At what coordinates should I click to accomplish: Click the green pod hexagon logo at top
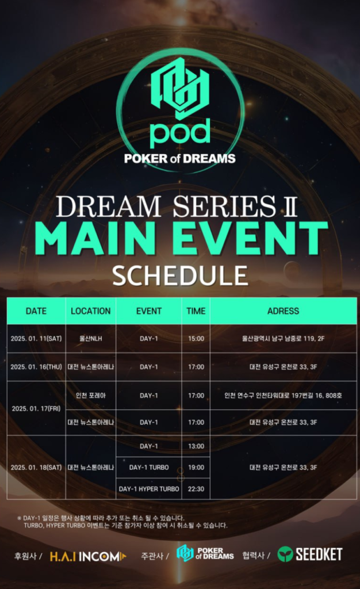[x=180, y=89]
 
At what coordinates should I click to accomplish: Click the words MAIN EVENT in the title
[x=180, y=239]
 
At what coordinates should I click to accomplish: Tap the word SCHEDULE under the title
[x=180, y=276]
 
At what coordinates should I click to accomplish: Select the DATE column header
[x=36, y=311]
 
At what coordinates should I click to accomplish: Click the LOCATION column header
[x=90, y=311]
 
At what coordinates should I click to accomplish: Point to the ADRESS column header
[x=283, y=311]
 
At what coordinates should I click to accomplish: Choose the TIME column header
[x=196, y=311]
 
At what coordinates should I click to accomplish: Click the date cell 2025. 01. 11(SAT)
[x=36, y=339]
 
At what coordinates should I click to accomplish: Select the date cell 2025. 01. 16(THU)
[x=36, y=367]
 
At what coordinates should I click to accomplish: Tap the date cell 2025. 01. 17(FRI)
[x=36, y=408]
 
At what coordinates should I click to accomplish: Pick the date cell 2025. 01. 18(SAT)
[x=36, y=467]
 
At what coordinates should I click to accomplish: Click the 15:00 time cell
[x=196, y=339]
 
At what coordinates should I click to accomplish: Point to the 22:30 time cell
[x=196, y=489]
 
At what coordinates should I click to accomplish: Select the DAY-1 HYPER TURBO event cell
[x=149, y=489]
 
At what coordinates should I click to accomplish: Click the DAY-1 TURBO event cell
[x=149, y=467]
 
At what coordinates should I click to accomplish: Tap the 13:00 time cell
[x=196, y=446]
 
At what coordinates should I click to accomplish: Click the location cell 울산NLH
[x=90, y=339]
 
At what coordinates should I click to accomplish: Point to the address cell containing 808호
[x=283, y=395]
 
